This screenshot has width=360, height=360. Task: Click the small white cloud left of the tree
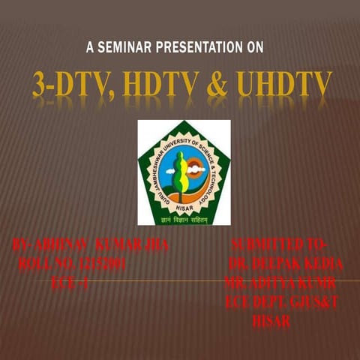[x=170, y=170]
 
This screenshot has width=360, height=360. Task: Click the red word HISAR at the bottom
[x=271, y=321]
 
